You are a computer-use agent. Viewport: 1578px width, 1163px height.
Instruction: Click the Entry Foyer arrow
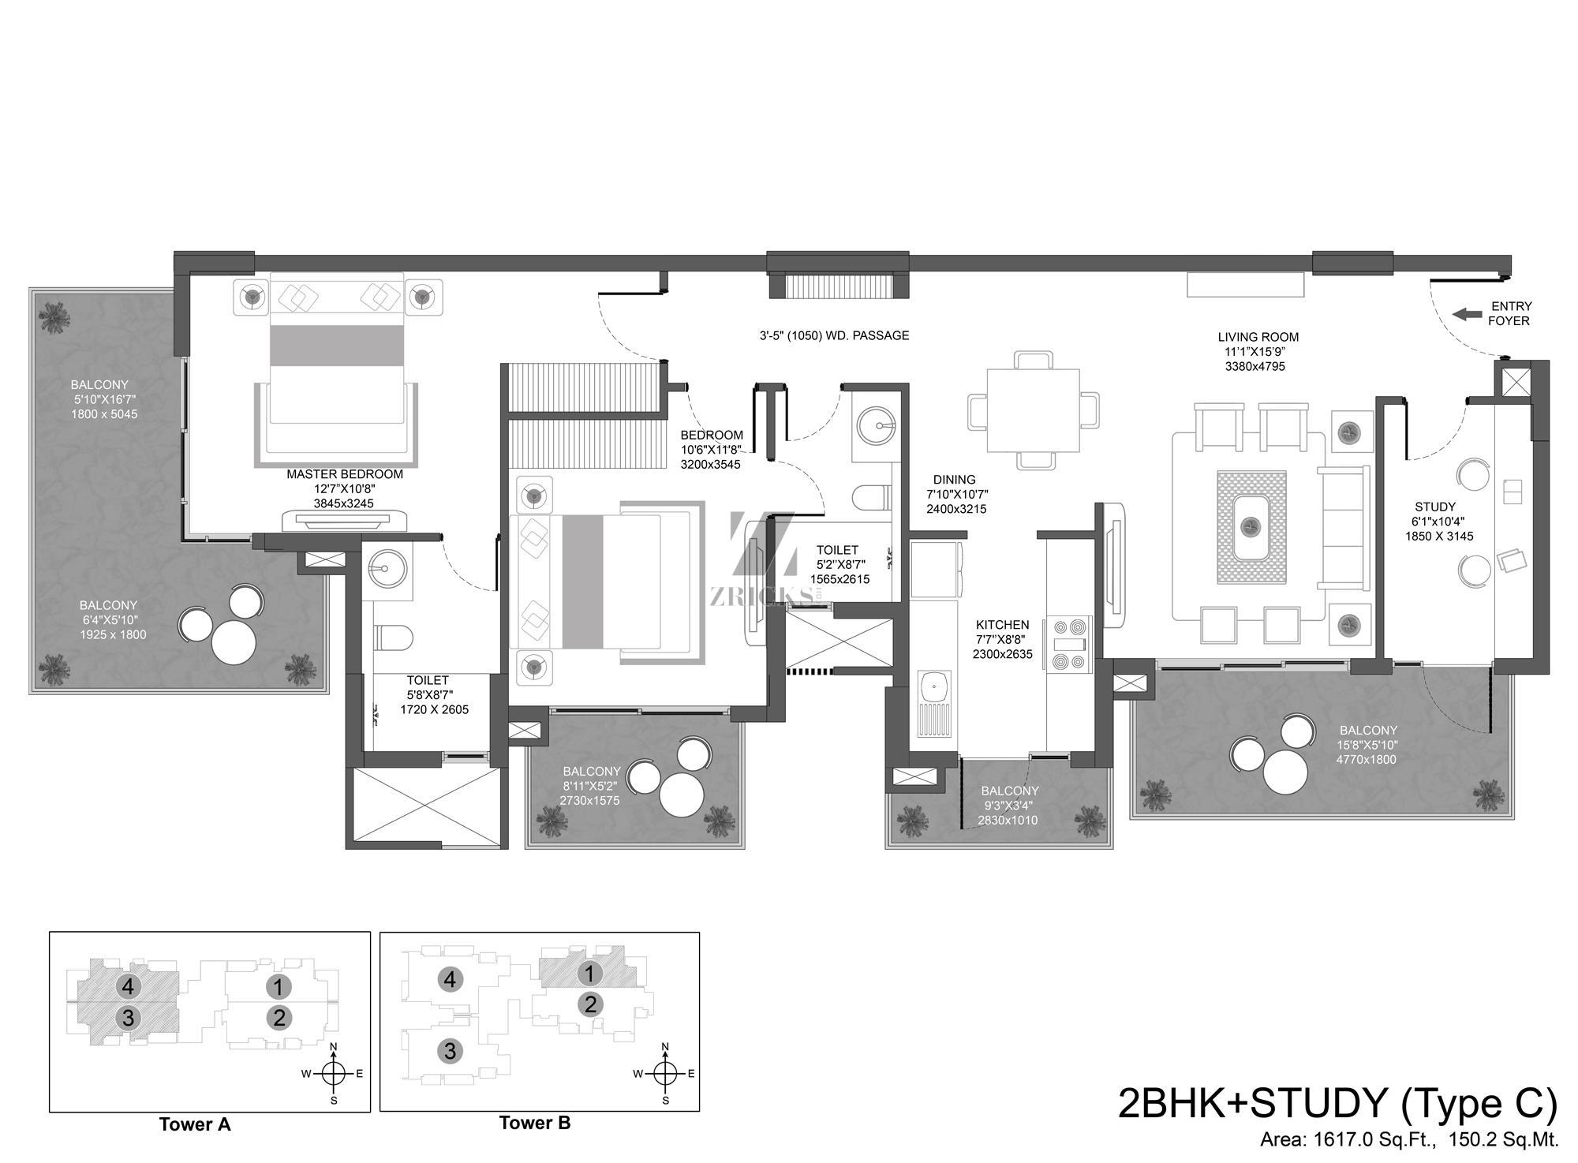click(1468, 314)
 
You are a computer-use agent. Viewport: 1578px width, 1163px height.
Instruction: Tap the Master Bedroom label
click(345, 474)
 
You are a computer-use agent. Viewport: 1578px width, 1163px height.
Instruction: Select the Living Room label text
click(1258, 337)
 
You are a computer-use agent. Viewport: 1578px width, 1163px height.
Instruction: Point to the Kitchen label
click(1002, 624)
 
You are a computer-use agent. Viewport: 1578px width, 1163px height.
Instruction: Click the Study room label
click(1435, 507)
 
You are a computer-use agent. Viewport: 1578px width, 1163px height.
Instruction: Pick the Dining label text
click(954, 480)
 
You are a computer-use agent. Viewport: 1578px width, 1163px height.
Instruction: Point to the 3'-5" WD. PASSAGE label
click(834, 335)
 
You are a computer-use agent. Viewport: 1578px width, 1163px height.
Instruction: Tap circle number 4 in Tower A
click(128, 985)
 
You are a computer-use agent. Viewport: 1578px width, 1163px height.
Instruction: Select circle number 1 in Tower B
click(589, 974)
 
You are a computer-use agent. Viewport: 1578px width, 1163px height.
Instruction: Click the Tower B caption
click(535, 1123)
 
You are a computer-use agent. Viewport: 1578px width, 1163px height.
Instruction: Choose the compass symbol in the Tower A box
click(334, 1073)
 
